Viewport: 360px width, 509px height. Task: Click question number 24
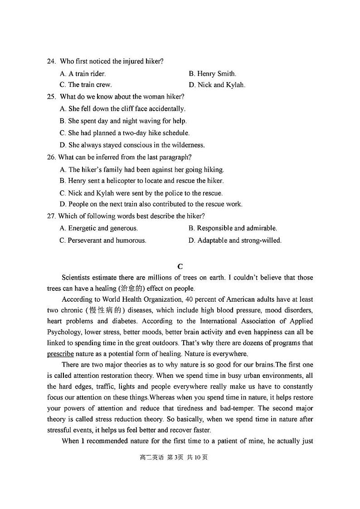(x=51, y=61)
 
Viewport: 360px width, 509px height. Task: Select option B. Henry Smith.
(x=212, y=73)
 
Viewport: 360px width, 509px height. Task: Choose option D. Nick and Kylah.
(x=217, y=85)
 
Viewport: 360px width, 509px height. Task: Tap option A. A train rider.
(x=83, y=73)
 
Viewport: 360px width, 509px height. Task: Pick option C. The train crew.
(x=85, y=85)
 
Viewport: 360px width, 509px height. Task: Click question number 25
(x=51, y=97)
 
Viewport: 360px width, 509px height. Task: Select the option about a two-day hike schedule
(x=124, y=133)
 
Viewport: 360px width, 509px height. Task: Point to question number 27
(x=51, y=216)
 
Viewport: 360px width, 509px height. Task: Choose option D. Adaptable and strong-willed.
(x=235, y=240)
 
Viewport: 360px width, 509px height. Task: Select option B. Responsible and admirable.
(x=233, y=228)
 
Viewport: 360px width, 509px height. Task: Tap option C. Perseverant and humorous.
(x=103, y=240)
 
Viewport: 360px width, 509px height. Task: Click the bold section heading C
(x=180, y=266)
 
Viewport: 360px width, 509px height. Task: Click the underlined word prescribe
(x=60, y=354)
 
